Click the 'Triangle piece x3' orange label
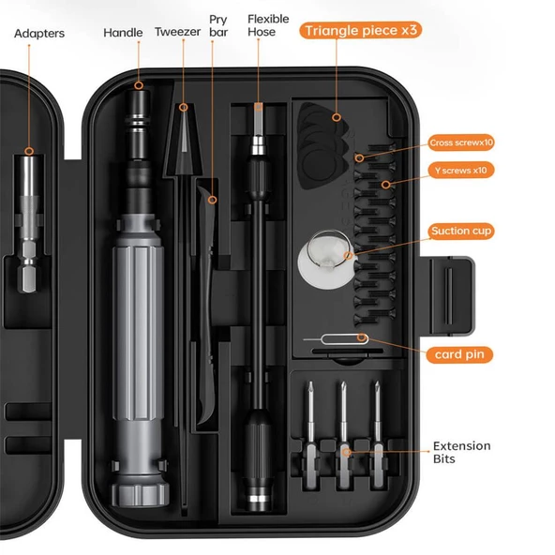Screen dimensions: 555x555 point(360,30)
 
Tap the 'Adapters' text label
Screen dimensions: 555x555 point(39,33)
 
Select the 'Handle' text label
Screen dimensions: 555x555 point(123,33)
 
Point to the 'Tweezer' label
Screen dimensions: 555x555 point(178,32)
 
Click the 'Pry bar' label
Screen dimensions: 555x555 point(218,25)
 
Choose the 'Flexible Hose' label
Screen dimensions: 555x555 point(268,25)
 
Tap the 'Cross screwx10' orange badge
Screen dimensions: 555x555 point(461,142)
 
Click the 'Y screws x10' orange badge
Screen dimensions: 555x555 point(461,171)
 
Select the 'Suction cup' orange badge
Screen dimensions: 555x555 point(461,232)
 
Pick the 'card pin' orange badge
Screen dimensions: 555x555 point(459,354)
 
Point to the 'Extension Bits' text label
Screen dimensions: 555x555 point(461,452)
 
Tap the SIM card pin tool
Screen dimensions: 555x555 point(336,339)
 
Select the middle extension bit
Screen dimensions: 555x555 point(343,435)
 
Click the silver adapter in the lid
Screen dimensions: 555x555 point(29,224)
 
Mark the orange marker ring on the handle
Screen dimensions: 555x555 point(139,85)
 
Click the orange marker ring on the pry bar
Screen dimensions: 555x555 point(212,200)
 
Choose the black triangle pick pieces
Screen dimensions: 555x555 point(323,146)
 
